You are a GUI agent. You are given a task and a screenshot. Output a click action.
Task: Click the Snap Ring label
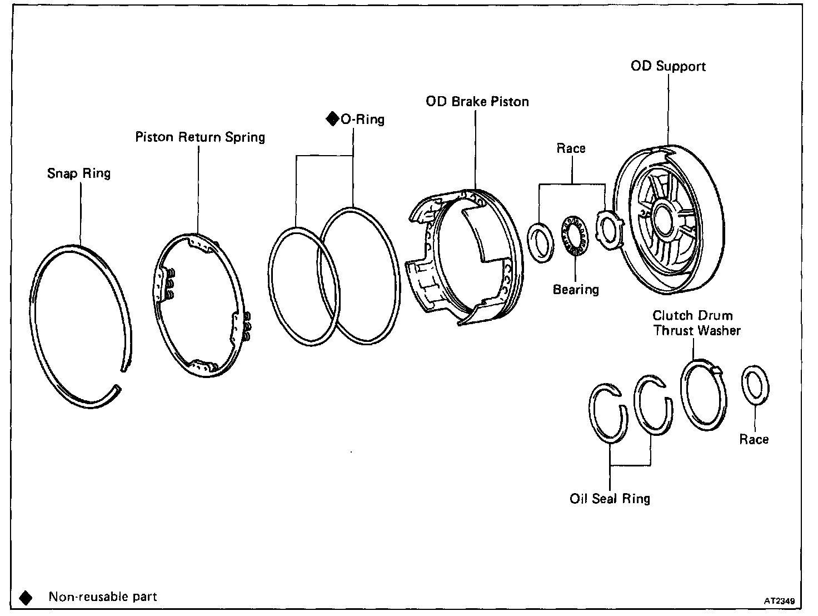coord(79,173)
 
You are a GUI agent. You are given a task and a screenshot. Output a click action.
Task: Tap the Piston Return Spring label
coord(200,137)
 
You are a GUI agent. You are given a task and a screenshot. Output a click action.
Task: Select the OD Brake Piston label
coord(477,102)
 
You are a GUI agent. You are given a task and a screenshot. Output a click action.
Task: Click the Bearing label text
coord(576,290)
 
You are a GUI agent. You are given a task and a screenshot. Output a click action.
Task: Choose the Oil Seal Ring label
coord(610,499)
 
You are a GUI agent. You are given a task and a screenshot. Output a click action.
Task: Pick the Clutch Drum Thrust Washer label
coord(696,323)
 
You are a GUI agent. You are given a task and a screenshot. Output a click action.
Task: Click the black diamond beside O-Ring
coord(332,119)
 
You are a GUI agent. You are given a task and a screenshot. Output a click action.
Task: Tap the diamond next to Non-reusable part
coord(26,598)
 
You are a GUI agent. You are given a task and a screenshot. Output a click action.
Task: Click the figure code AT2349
coord(779,601)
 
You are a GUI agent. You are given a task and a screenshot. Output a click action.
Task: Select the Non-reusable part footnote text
coord(103,597)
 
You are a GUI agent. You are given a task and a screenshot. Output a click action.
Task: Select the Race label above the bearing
coord(571,148)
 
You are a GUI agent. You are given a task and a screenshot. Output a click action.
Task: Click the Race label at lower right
coord(754,440)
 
